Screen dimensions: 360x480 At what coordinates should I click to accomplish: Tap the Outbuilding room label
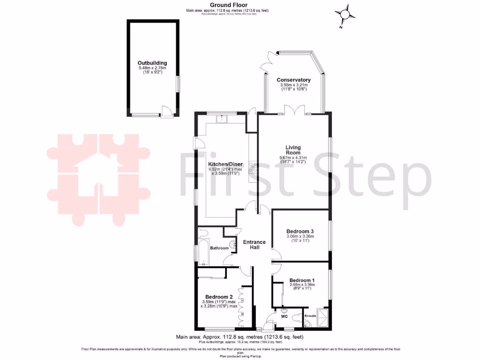pos(152,63)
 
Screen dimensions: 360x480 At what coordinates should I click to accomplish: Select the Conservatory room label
pos(293,80)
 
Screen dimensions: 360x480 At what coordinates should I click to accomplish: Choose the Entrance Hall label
pos(255,244)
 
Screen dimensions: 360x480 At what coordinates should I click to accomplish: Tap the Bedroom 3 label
pos(300,231)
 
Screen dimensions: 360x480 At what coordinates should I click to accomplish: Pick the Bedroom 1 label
pos(302,280)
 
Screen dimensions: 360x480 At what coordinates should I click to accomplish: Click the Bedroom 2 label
pos(219,297)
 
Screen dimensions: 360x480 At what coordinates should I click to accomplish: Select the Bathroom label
pos(219,248)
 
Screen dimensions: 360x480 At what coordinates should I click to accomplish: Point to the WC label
pos(284,317)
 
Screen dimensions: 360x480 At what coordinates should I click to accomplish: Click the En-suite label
pos(311,316)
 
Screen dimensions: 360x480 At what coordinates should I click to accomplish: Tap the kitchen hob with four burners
pos(252,167)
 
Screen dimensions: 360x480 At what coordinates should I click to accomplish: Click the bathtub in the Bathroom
pos(203,254)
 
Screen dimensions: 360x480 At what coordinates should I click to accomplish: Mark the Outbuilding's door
pos(166,111)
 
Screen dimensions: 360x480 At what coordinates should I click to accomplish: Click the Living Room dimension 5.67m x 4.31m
pos(293,157)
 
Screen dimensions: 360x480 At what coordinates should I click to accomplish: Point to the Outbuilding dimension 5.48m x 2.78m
pos(152,68)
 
